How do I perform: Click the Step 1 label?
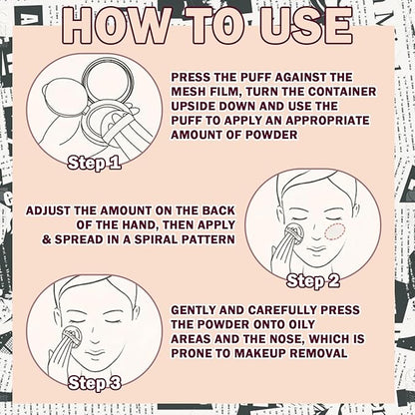point(94,163)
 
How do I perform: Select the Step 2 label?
point(313,281)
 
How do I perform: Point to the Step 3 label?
point(94,383)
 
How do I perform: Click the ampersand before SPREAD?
point(47,239)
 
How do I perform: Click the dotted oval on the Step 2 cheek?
point(336,231)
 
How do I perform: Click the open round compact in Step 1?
point(102,83)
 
